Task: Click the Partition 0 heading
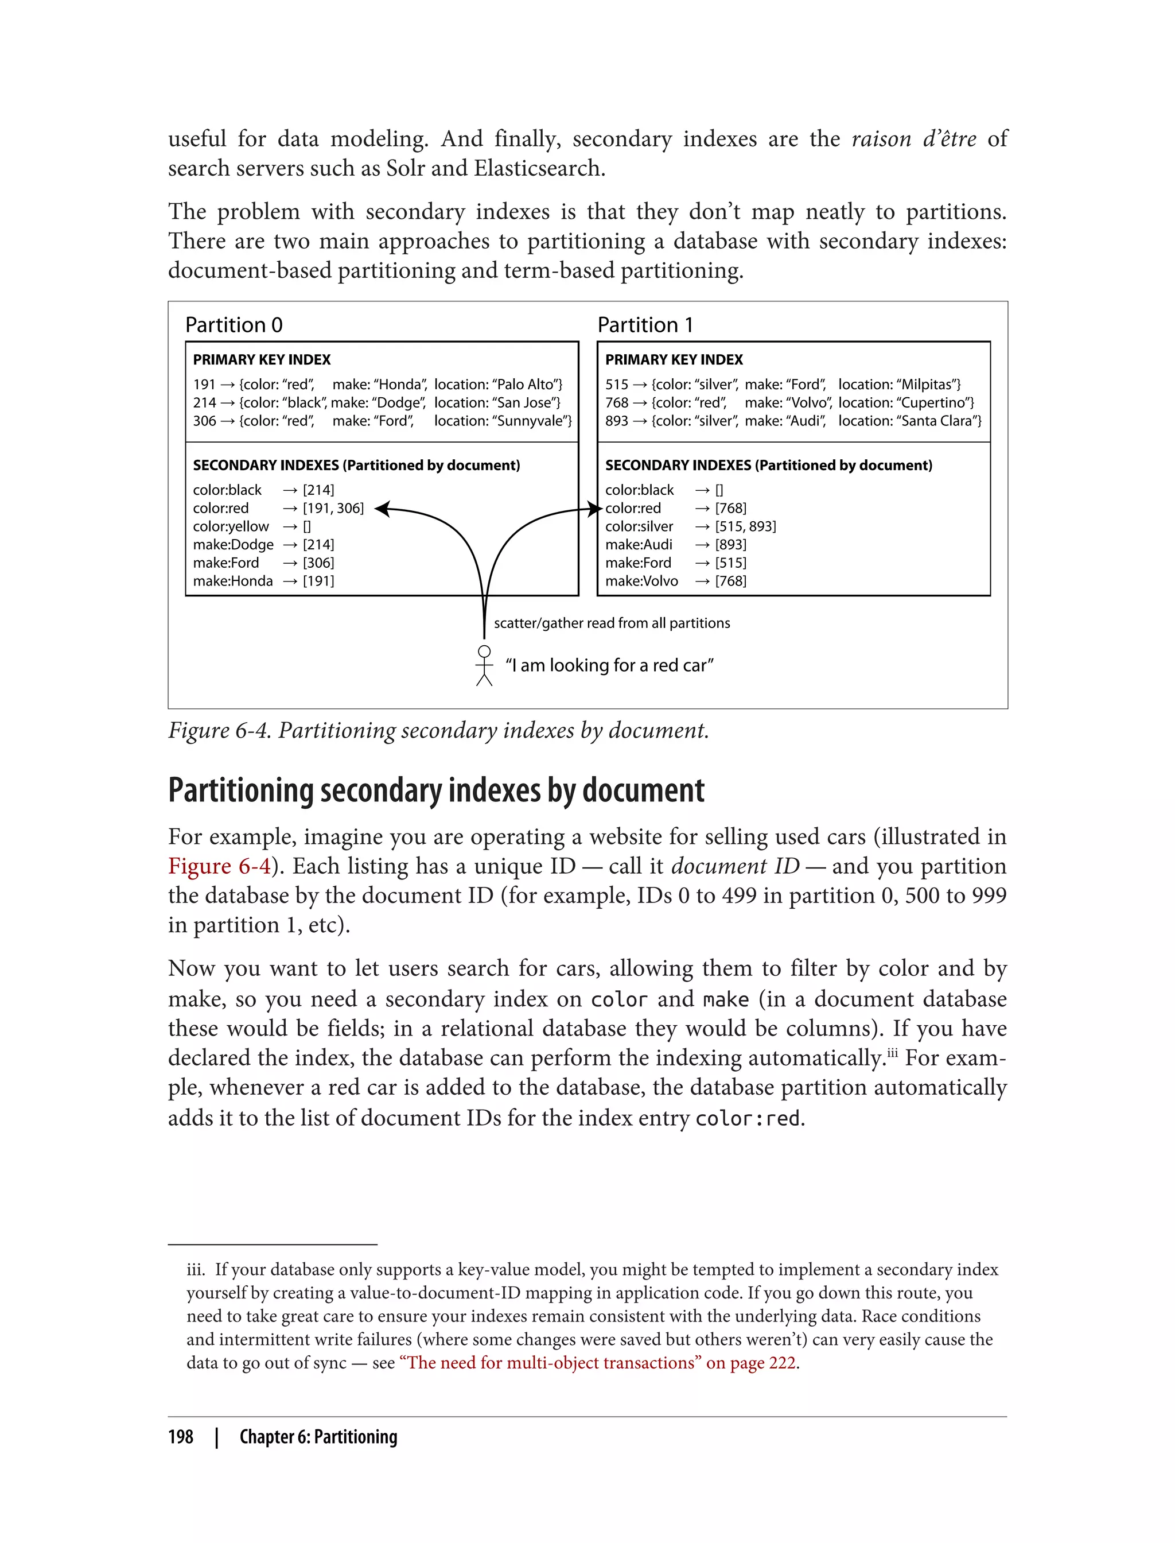[x=234, y=325]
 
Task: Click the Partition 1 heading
[x=645, y=325]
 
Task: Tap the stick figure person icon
[x=484, y=665]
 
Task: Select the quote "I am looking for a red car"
[x=609, y=665]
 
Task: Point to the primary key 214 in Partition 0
[x=204, y=402]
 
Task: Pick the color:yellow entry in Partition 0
[x=231, y=526]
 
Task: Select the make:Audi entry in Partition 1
[x=639, y=544]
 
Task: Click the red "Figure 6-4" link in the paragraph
[x=219, y=866]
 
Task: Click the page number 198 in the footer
[x=181, y=1437]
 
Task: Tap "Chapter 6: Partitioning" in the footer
[x=318, y=1437]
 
